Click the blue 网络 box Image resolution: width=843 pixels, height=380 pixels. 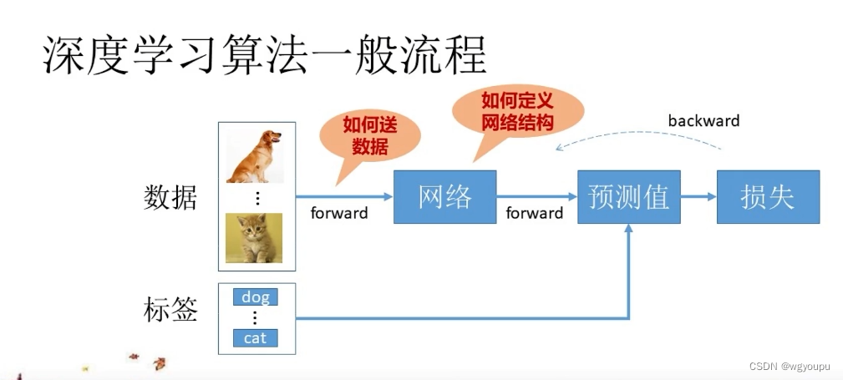coord(444,197)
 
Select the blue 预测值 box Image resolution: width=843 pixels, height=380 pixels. coord(628,197)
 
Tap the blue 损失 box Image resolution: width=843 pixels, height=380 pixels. coord(768,197)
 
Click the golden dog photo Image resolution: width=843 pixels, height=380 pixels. coord(254,156)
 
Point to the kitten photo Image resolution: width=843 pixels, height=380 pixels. coord(254,237)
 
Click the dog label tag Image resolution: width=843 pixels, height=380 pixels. coord(255,296)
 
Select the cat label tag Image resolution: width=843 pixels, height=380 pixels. coord(255,338)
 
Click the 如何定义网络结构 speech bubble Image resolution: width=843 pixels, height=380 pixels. coord(517,111)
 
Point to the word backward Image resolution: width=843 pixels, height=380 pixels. coord(703,121)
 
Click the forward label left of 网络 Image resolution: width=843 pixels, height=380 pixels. coord(339,213)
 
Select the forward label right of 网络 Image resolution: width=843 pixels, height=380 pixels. coord(535,213)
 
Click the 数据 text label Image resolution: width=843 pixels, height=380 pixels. coord(171,198)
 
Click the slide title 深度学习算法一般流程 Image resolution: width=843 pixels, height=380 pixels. coord(264,56)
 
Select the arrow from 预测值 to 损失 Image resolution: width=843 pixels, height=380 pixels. coord(698,197)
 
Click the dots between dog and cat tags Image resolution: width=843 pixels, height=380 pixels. coord(255,317)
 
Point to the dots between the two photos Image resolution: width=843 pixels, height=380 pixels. coord(257,198)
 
